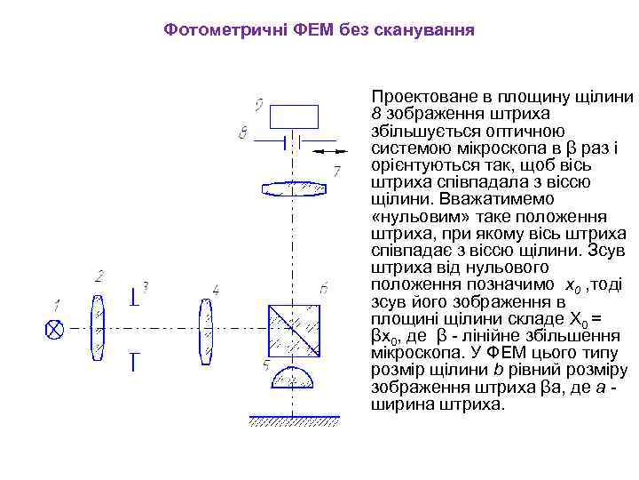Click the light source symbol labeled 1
(55, 330)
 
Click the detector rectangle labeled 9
(293, 116)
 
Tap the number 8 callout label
(243, 133)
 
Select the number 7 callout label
(336, 172)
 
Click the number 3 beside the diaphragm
(145, 286)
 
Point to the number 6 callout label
(324, 288)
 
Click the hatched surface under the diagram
(293, 422)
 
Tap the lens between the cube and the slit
(293, 188)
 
